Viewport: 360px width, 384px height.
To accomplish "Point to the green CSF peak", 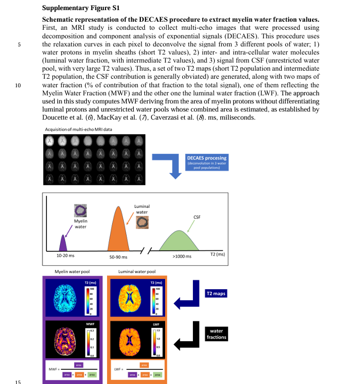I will [x=180, y=242].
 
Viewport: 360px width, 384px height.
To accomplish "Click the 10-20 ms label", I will [x=65, y=256].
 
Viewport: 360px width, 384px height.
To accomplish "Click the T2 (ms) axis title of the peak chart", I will [x=217, y=254].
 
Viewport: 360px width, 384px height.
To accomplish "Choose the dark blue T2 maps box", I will [x=216, y=293].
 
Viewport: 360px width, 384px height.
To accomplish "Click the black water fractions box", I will [x=216, y=334].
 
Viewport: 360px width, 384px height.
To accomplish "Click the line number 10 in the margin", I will [x=18, y=85].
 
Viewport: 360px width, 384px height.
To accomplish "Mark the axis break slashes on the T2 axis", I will [x=145, y=251].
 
